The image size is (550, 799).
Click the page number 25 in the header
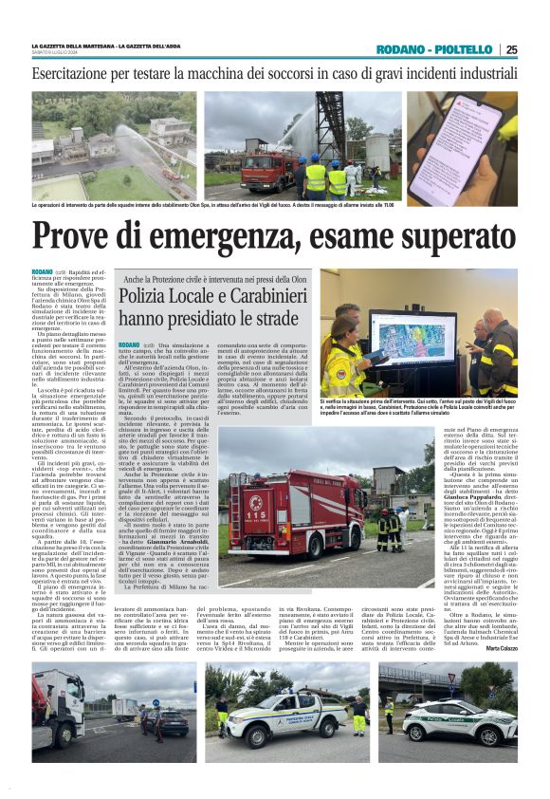coord(512,49)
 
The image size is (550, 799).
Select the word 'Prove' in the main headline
coord(84,237)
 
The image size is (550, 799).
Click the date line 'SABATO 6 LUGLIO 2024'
coord(64,53)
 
